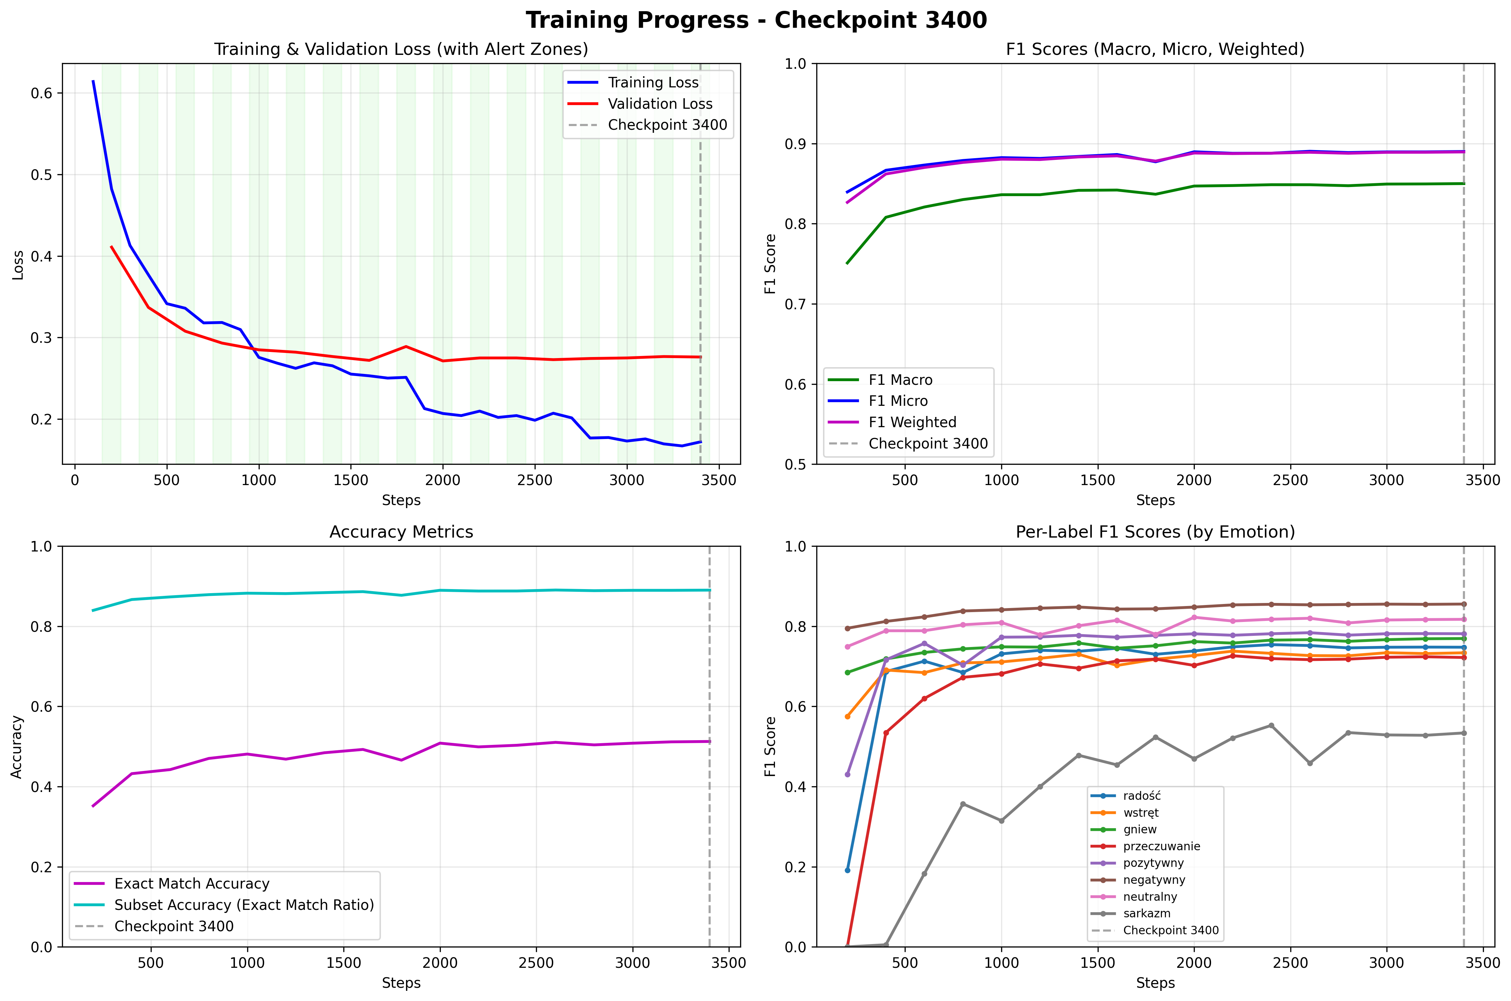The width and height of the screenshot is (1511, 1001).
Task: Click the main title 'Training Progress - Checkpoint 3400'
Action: click(x=756, y=20)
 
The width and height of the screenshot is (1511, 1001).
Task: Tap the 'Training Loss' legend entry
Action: click(x=652, y=82)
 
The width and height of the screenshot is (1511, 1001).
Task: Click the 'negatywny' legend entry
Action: click(x=1154, y=880)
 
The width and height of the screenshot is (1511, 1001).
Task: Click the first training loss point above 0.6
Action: click(x=93, y=81)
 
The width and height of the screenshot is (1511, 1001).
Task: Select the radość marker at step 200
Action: click(x=847, y=870)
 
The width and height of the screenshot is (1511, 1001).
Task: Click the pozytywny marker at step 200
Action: click(x=847, y=774)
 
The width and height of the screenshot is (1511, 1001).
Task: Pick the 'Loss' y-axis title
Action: click(x=18, y=264)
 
